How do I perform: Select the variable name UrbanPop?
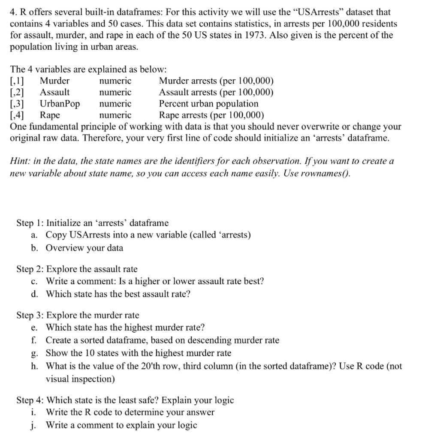[x=60, y=104]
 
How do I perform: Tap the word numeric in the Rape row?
[x=115, y=115]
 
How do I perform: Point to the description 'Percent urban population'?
[x=209, y=104]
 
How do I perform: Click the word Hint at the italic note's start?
[x=20, y=162]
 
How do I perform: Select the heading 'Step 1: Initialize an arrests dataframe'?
[x=93, y=223]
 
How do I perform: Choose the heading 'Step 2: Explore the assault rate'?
[x=77, y=269]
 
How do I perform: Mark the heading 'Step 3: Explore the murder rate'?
[x=78, y=316]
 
